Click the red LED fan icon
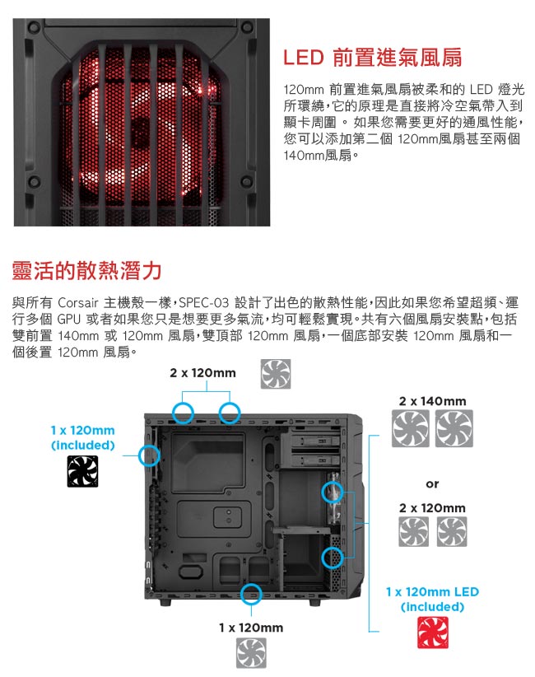(433, 633)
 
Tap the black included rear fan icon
(82, 471)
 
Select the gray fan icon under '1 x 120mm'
(251, 653)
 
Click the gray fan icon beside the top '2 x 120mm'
(276, 374)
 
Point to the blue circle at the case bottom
(251, 594)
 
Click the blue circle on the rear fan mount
(149, 455)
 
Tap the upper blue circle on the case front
(333, 492)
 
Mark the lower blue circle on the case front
(333, 558)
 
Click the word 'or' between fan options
(432, 484)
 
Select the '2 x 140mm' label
(433, 401)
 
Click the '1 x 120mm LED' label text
(432, 591)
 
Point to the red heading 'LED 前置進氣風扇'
(372, 58)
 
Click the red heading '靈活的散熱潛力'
(86, 271)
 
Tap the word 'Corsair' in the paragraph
(77, 302)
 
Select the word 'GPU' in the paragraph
(68, 319)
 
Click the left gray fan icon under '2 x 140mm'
(411, 428)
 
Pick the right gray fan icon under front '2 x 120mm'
(452, 531)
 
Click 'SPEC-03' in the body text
(203, 302)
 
